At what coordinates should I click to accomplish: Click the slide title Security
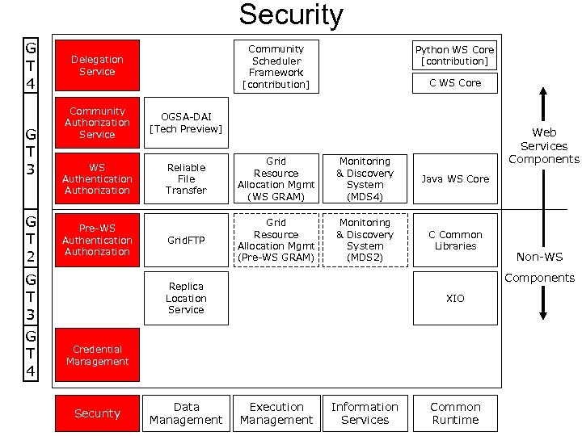pos(291,15)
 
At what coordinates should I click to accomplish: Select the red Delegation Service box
pos(97,65)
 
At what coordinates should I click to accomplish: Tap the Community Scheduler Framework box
pos(276,66)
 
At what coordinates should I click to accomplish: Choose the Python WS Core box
pos(454,55)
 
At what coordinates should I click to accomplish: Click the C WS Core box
pos(454,82)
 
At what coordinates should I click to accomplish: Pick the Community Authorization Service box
pos(97,123)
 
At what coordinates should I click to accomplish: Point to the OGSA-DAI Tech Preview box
pos(186,123)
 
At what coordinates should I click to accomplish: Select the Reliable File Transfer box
pos(186,179)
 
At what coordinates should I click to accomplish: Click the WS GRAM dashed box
pos(276,179)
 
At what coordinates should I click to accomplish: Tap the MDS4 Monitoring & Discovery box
pos(365,179)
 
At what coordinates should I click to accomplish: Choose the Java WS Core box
pos(454,179)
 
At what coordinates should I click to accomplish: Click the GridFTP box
pos(186,240)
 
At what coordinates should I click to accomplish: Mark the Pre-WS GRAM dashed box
pos(276,240)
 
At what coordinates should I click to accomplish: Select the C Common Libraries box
pos(454,240)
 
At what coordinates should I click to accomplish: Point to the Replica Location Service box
pos(186,298)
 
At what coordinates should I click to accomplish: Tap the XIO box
pos(454,298)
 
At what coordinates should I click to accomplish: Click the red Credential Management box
pos(97,355)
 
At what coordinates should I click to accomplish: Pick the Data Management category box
pos(186,413)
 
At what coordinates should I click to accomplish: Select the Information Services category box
pos(365,413)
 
